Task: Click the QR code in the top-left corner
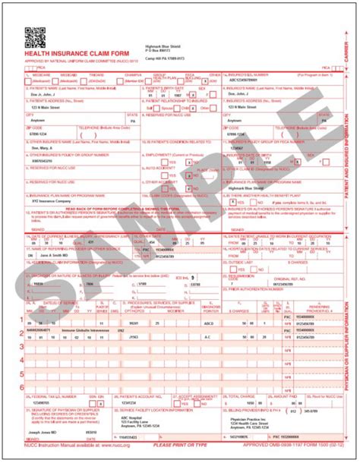(x=34, y=34)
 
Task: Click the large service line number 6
(x=21, y=387)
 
